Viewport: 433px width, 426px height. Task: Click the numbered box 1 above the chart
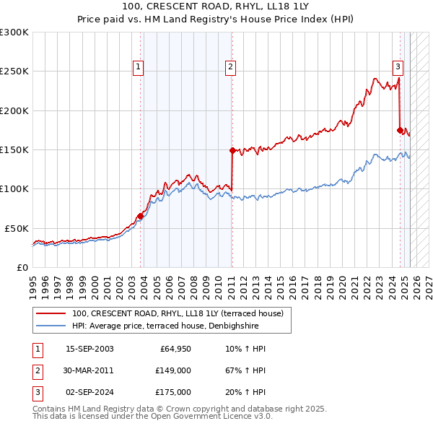coord(138,67)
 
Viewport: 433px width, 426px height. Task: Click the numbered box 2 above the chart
coord(230,67)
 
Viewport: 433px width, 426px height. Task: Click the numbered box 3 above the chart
coord(398,67)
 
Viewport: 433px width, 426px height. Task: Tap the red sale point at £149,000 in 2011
coord(232,151)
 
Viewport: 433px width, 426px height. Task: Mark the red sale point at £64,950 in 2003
coord(140,216)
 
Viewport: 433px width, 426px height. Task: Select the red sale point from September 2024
coord(400,130)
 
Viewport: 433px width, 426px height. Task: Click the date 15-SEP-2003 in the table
coord(89,349)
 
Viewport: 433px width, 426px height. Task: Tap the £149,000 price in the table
coord(173,370)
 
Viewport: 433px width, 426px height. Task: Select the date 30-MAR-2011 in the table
coord(89,370)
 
